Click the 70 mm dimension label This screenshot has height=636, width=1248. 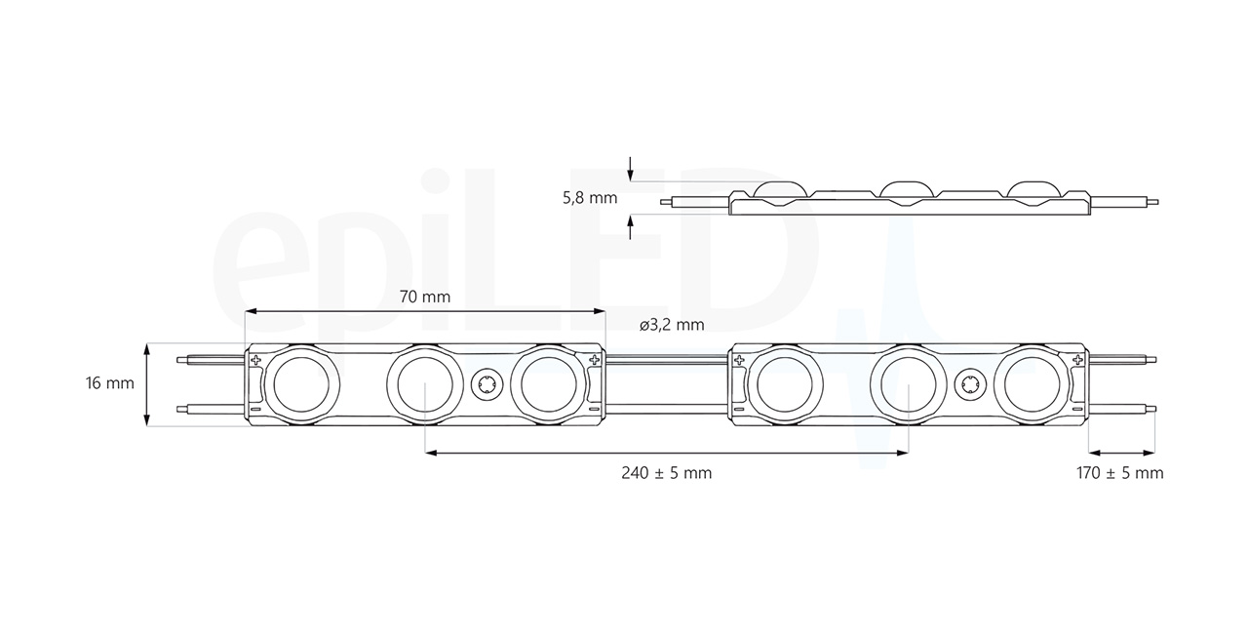click(x=425, y=297)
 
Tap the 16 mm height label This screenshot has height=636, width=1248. click(x=110, y=383)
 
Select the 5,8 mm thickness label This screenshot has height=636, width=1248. click(x=590, y=197)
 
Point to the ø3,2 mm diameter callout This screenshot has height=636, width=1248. click(x=672, y=325)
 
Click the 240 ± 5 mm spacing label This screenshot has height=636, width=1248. click(x=667, y=473)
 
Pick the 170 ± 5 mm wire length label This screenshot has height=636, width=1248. click(x=1120, y=473)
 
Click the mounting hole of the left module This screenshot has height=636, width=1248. click(x=484, y=384)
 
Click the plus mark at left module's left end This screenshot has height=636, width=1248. click(x=256, y=361)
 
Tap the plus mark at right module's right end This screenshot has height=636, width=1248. click(x=1077, y=361)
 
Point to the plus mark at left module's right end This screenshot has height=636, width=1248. click(x=593, y=361)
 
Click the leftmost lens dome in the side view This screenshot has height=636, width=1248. click(x=782, y=188)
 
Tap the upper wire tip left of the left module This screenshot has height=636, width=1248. click(x=181, y=360)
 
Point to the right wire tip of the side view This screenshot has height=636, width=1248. click(x=1155, y=203)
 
